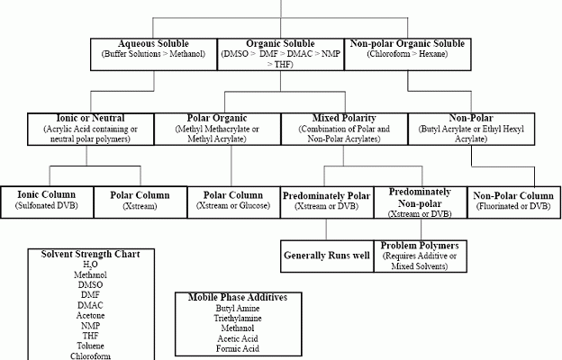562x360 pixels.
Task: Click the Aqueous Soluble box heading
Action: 153,44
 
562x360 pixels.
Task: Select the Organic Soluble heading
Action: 280,44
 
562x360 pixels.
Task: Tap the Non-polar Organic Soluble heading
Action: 407,44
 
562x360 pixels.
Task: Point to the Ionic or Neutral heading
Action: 91,118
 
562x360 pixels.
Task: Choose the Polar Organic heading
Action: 217,118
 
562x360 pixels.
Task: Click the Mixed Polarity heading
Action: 344,118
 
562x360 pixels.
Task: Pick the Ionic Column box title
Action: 47,195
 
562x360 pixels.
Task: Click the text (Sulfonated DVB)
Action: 47,205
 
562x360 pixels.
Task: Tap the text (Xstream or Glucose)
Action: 233,206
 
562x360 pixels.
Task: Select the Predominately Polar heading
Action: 327,195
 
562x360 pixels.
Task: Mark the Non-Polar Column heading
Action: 513,195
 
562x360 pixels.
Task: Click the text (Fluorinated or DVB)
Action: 513,206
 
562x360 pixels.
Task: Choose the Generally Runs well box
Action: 327,256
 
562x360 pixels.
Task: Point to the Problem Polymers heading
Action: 420,246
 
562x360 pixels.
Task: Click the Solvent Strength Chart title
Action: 90,255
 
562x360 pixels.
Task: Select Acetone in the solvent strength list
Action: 90,316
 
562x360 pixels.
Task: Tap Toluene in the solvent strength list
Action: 90,346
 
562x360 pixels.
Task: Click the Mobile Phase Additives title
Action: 238,298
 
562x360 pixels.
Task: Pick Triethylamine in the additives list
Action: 238,319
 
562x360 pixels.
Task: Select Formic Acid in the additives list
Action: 238,348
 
